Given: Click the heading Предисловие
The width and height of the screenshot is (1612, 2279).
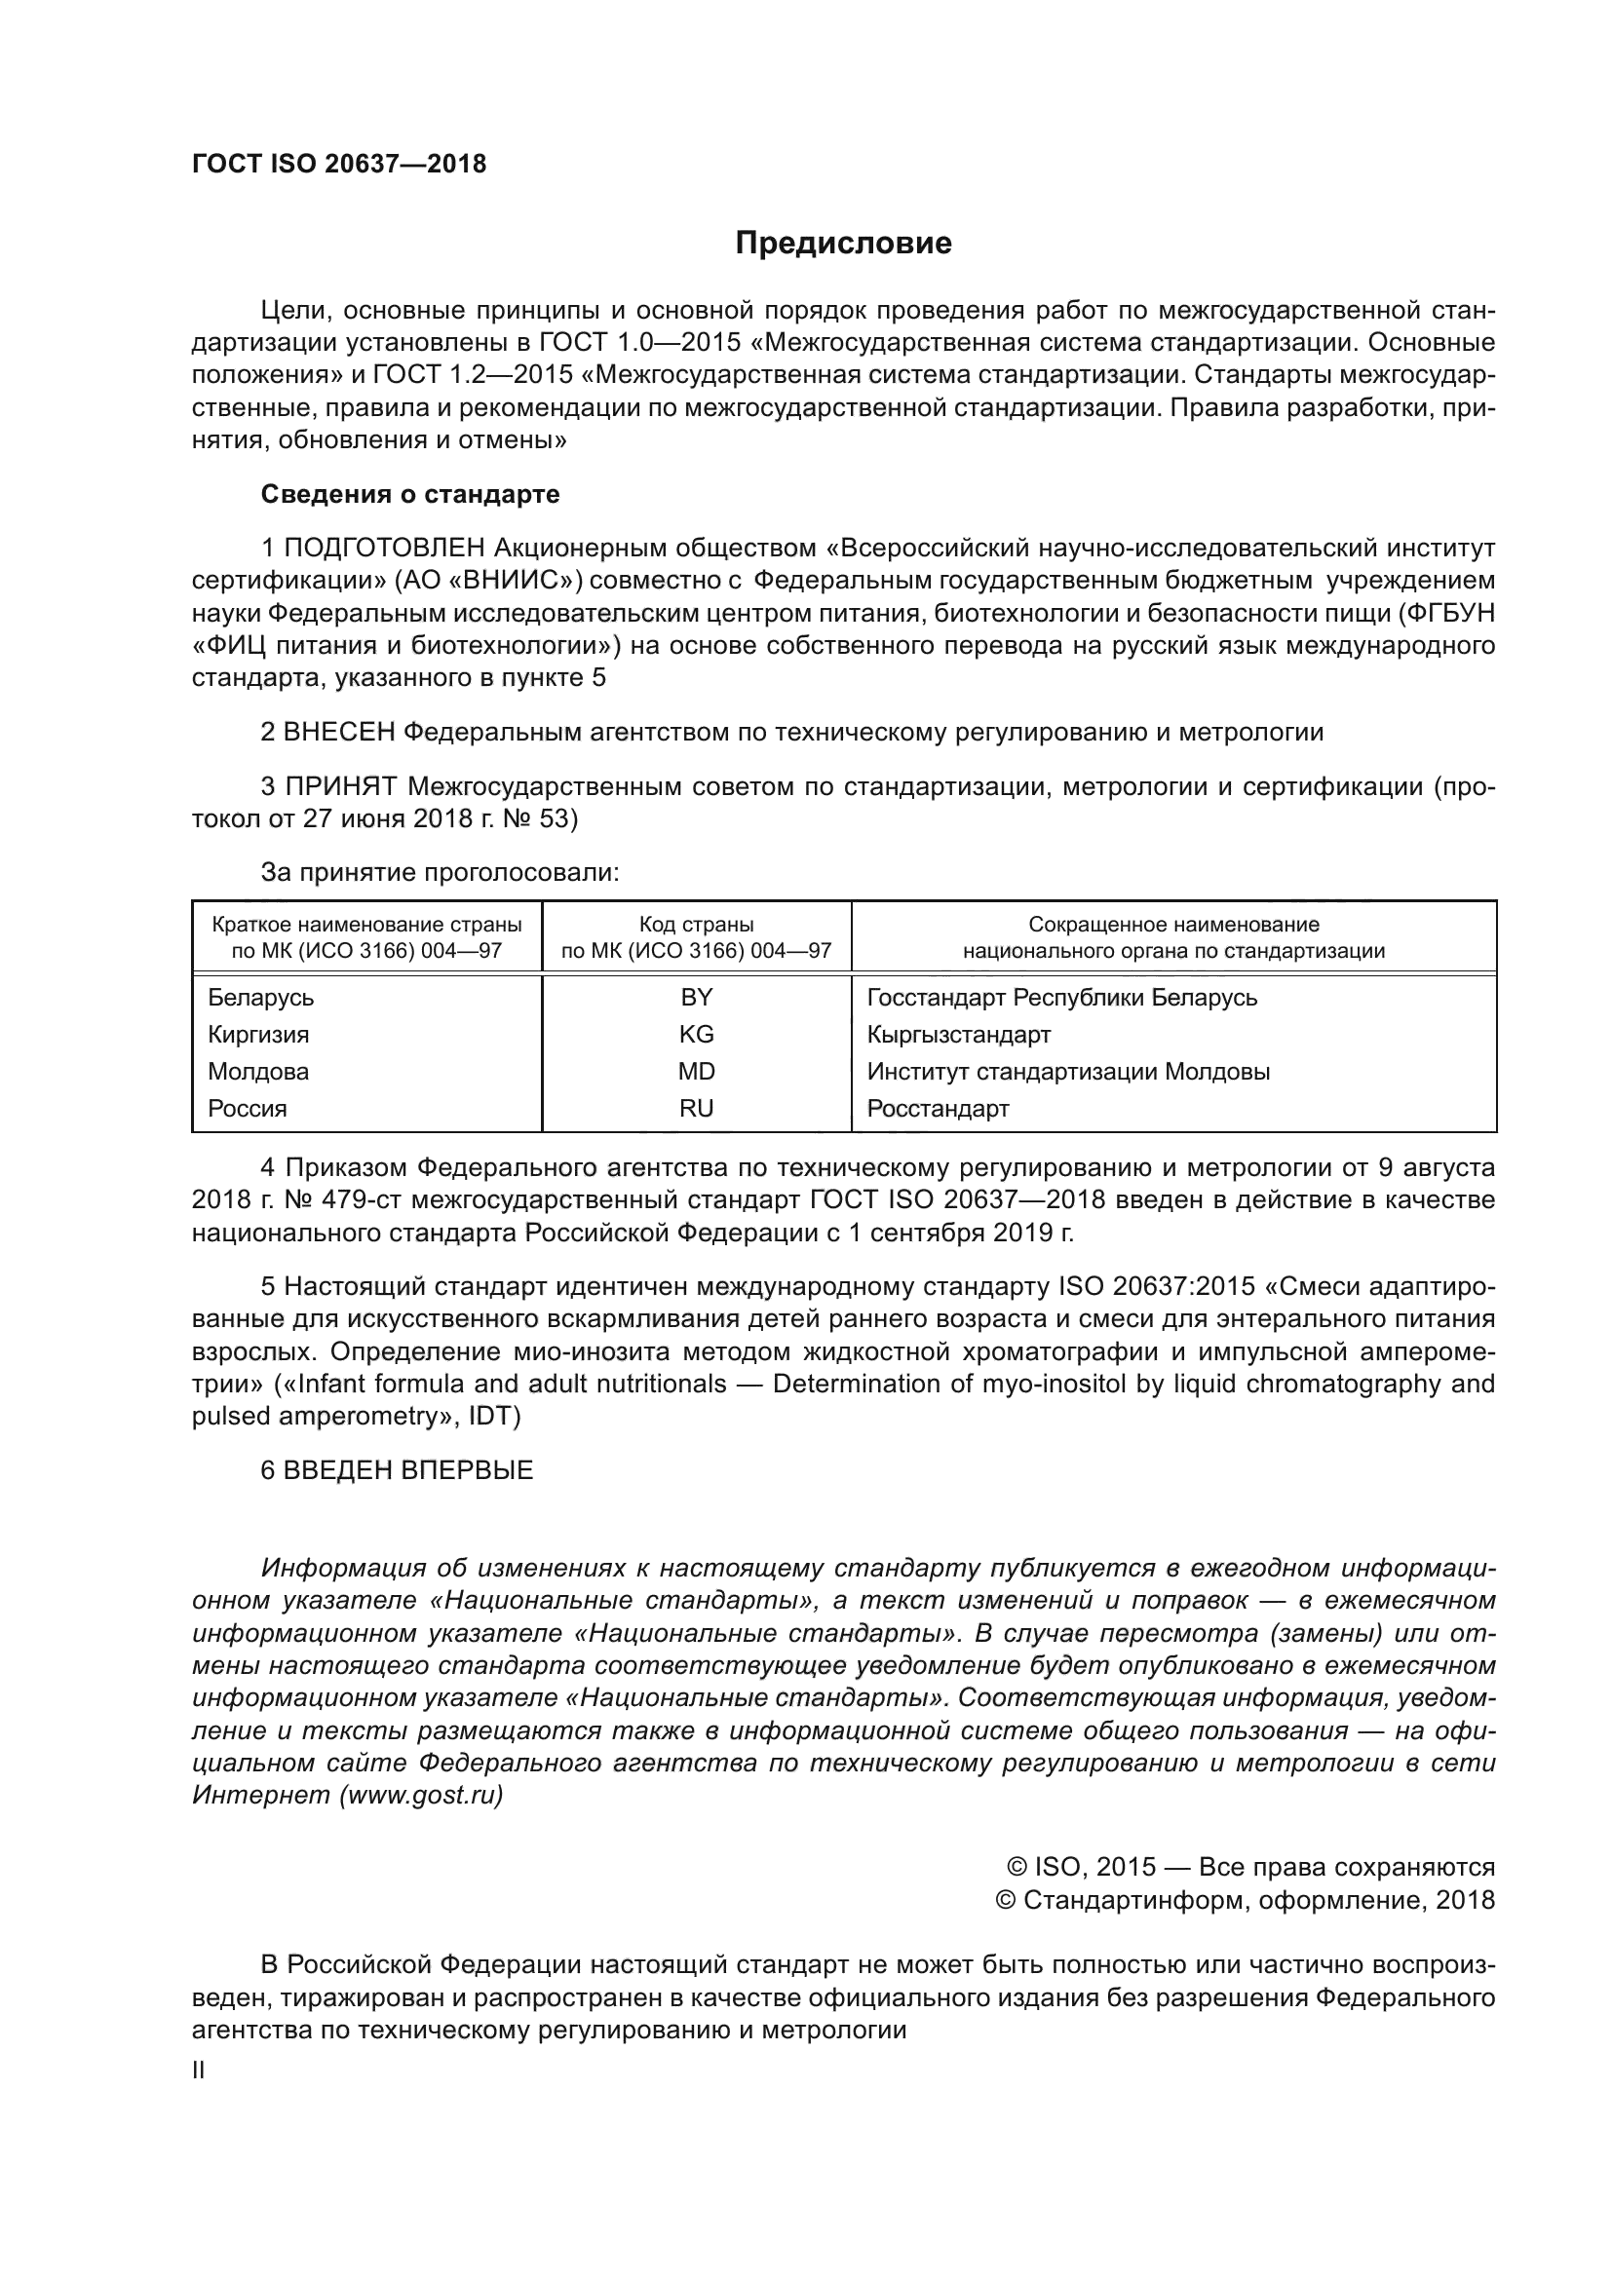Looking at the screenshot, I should pos(843,244).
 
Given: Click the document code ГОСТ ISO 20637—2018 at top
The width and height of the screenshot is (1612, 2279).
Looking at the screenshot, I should pos(338,165).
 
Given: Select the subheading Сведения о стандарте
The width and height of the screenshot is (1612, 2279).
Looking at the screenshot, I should pos(410,494).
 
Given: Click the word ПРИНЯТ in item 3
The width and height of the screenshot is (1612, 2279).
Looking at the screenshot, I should pos(340,787).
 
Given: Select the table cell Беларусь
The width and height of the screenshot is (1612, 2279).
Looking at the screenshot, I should pos(260,998).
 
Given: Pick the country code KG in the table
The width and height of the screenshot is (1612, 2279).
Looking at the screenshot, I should pos(696,1035).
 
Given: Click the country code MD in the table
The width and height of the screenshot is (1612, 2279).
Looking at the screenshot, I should pos(696,1072).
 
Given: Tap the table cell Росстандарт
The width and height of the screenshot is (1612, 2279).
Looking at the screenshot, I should pos(938,1109).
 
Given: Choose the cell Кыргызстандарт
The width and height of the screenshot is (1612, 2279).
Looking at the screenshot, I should pos(958,1035).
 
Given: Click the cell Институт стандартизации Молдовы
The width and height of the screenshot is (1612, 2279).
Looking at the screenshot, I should pos(1068,1072).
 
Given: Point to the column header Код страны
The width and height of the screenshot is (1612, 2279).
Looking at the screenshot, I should pos(696,924).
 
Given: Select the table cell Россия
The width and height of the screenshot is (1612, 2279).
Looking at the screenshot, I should pos(248,1109).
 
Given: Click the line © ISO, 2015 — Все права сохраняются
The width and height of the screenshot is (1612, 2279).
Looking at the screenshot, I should pos(1250,1867).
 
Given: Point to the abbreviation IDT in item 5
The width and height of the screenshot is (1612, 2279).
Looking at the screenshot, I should pos(493,1416).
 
